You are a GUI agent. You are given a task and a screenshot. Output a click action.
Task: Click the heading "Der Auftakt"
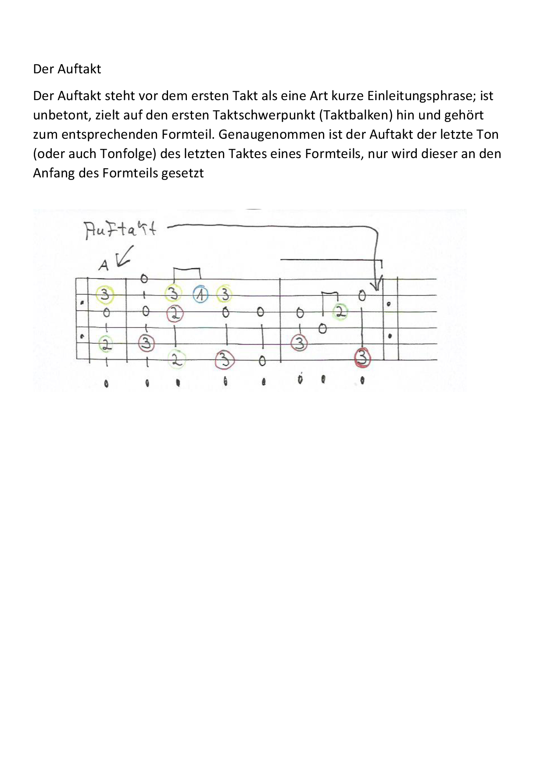click(x=67, y=69)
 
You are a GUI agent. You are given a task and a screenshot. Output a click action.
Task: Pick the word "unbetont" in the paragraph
click(x=61, y=115)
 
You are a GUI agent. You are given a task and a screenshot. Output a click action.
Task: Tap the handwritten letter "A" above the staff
click(x=104, y=265)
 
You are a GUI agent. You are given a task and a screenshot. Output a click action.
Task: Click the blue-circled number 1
click(x=200, y=295)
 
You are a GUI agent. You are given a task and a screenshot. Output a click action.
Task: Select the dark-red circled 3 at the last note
click(x=362, y=358)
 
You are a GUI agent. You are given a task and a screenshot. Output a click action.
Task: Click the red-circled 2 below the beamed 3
click(x=175, y=314)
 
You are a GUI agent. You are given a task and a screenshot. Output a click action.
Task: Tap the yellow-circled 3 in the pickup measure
click(x=105, y=295)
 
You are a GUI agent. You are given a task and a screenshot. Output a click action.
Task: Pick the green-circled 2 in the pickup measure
click(x=105, y=344)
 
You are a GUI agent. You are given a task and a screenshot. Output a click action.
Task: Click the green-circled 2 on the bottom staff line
click(x=176, y=360)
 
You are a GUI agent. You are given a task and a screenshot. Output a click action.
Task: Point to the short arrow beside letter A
click(x=124, y=256)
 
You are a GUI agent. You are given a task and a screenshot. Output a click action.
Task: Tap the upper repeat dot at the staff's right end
click(x=389, y=304)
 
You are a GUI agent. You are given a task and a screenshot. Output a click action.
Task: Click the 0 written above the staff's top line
click(x=144, y=279)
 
